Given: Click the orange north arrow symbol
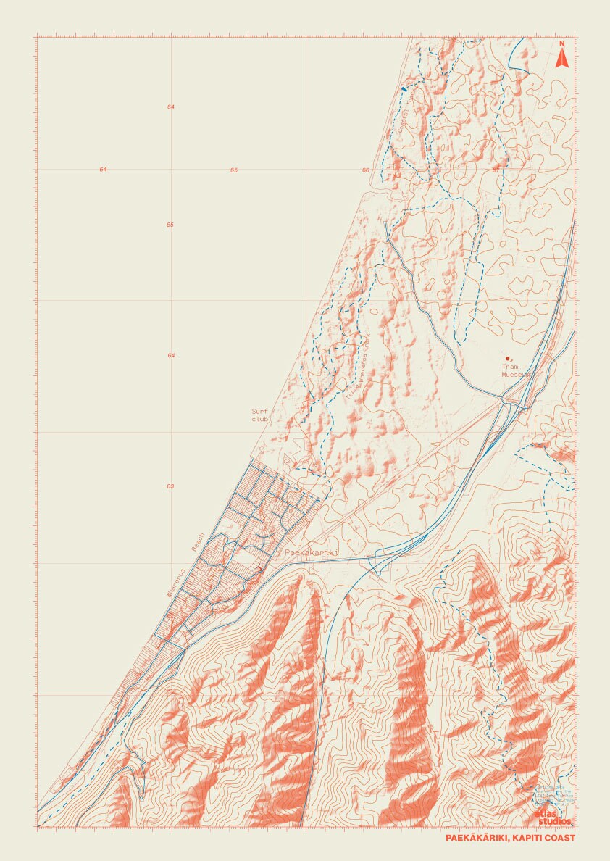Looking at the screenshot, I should point(561,59).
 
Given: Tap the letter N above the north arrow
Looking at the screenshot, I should point(561,43).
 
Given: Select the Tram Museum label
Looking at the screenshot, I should point(516,371).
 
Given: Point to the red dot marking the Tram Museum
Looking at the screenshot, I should point(507,358).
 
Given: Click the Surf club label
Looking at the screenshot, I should point(260,415).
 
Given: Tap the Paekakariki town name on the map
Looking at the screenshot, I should point(312,552).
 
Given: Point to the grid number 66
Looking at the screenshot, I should point(366,170).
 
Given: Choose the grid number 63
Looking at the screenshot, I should point(170,486).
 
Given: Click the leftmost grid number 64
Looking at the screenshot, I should point(103,170).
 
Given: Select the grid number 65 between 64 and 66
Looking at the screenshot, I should point(234,170).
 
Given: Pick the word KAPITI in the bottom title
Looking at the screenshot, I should point(527,839).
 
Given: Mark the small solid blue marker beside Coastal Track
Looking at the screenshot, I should point(404,88).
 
